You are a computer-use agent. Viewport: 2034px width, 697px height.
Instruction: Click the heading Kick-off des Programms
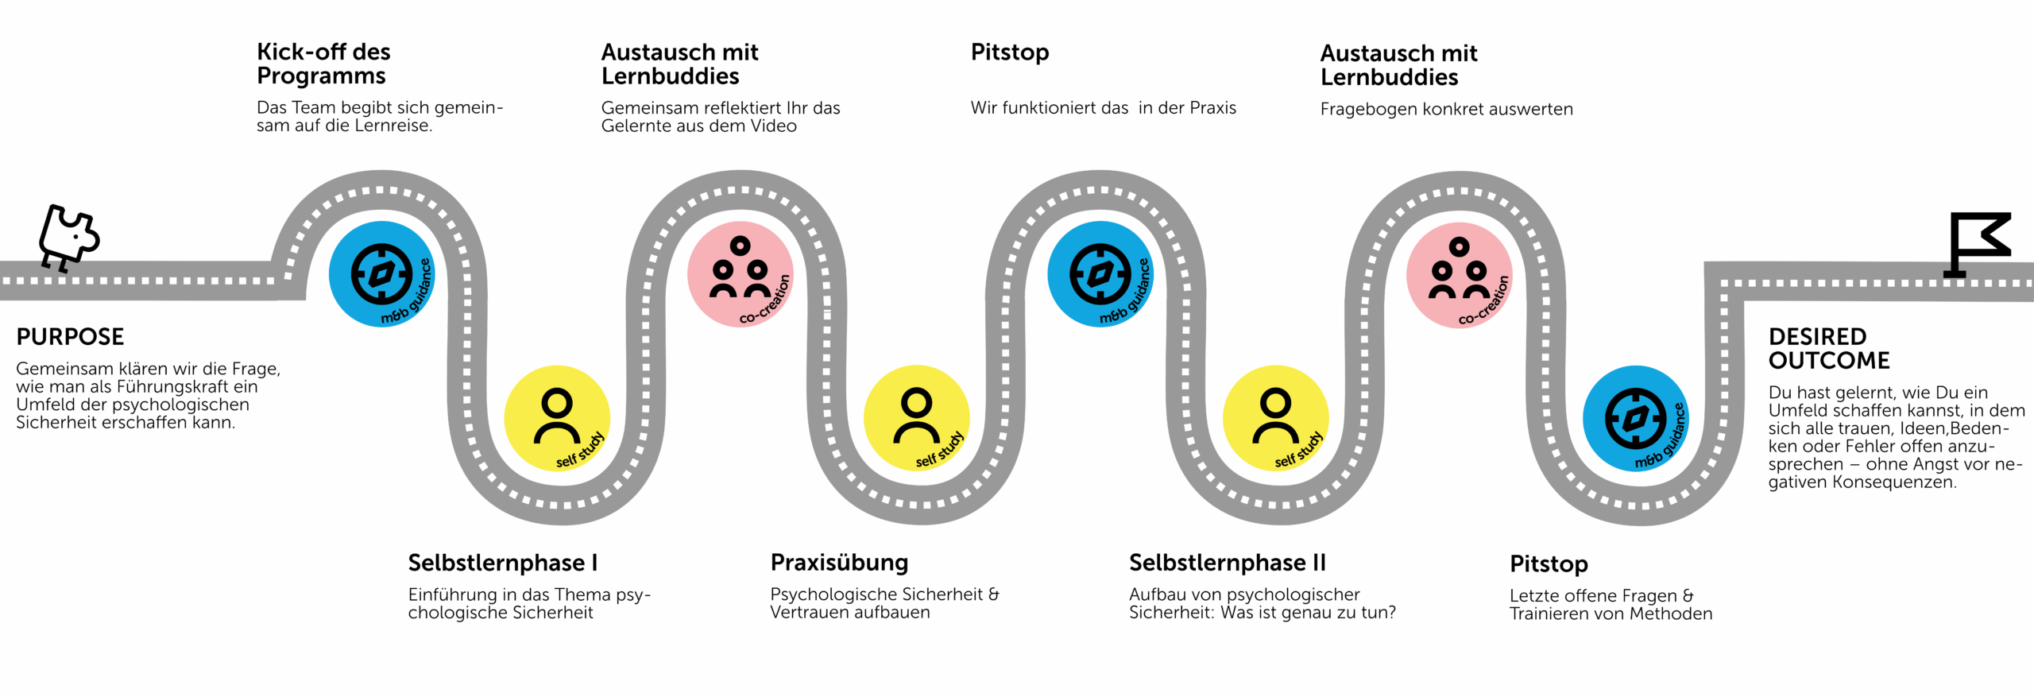click(323, 64)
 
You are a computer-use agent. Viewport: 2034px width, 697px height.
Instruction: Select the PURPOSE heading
click(70, 337)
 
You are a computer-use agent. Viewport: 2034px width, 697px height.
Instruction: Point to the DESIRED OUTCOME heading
click(1829, 349)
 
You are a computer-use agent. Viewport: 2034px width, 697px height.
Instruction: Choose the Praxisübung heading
click(839, 563)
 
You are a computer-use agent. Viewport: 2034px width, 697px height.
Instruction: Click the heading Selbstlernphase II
click(1228, 563)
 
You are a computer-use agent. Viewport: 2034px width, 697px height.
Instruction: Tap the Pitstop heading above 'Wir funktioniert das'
click(1010, 53)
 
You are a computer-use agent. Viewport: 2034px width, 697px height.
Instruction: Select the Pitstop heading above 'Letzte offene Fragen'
click(1549, 564)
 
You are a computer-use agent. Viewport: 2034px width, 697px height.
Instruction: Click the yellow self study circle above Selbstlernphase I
click(557, 418)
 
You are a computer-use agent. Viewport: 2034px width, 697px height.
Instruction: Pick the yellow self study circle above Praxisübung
click(916, 418)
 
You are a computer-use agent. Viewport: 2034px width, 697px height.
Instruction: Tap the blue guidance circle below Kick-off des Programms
click(382, 274)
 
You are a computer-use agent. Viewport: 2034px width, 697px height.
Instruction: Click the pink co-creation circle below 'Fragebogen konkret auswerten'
click(1460, 275)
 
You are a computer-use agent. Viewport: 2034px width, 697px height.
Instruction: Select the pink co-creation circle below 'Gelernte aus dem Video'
click(741, 274)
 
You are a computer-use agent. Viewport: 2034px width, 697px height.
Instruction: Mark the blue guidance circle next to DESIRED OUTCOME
click(1636, 419)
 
